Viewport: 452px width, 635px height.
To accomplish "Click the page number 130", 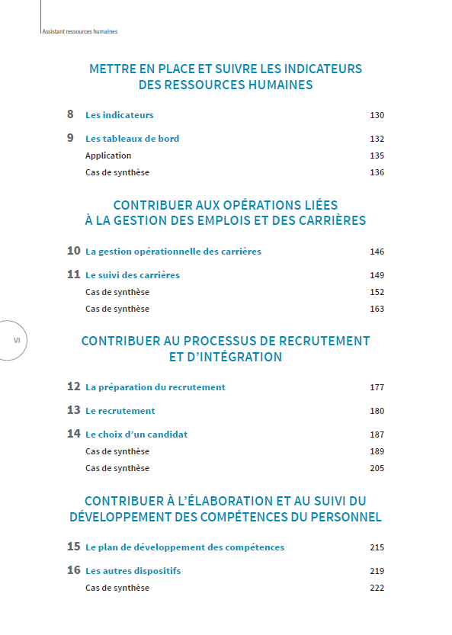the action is (377, 115).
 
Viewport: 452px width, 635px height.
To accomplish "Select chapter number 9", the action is (70, 138).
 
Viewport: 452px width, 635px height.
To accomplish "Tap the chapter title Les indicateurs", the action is (119, 115).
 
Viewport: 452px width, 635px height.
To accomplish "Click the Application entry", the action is (108, 156).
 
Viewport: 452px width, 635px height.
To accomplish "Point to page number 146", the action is (377, 252).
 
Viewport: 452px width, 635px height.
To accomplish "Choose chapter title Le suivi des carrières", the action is (133, 275).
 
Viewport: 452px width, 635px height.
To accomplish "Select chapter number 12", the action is (73, 386).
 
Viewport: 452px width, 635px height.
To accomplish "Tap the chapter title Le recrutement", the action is (120, 411).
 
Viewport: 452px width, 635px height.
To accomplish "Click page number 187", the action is (377, 435).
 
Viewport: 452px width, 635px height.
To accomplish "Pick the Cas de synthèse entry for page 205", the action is (117, 468).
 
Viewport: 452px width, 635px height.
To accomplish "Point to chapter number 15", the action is (73, 547).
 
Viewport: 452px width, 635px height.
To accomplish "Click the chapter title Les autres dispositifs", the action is (133, 571).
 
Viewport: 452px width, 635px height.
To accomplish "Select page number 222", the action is (377, 588).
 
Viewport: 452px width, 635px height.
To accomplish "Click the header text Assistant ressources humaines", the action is (80, 32).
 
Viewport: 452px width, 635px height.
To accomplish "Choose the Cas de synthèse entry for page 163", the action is (117, 309).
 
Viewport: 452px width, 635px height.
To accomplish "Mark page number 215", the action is (377, 547).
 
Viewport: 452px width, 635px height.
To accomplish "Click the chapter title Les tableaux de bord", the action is (132, 139).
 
